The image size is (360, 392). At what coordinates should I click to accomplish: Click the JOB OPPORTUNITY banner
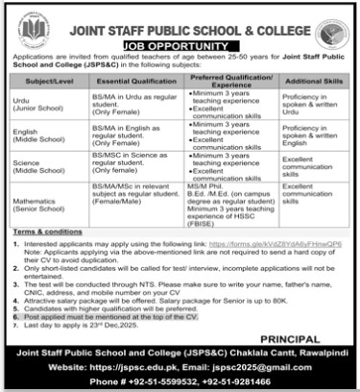point(180,45)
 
